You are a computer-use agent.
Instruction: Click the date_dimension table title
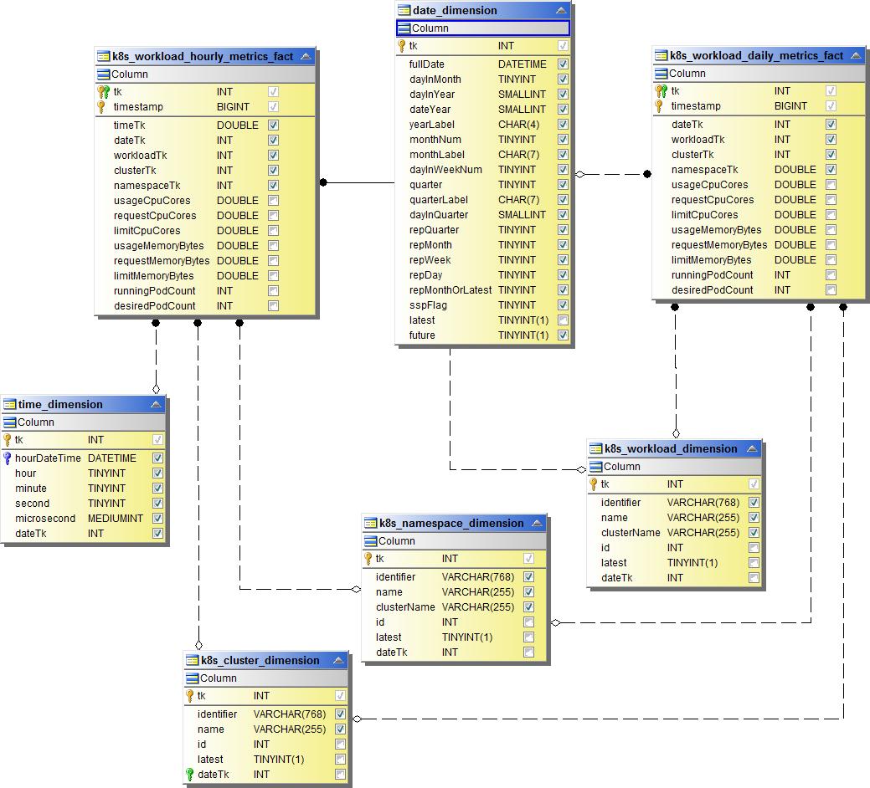455,11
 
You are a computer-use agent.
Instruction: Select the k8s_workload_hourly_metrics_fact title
203,57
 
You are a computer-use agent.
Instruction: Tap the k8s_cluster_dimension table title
260,660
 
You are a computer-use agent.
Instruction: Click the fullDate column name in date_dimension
427,64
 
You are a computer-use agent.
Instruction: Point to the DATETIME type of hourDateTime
111,458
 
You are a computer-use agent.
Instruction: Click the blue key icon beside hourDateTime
8,458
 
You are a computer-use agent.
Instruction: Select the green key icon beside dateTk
190,775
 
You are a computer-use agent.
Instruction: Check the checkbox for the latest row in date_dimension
564,320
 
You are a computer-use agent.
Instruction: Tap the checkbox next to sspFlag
564,305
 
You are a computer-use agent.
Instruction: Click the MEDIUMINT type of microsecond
115,519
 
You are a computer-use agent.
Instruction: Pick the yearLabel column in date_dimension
432,125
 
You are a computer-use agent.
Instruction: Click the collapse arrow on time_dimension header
156,405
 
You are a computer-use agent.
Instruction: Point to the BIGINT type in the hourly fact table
233,107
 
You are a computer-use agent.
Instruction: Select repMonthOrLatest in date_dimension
450,290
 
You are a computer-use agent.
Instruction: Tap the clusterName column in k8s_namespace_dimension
405,607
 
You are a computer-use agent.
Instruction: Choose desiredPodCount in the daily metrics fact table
712,290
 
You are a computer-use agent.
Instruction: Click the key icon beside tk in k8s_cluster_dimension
190,696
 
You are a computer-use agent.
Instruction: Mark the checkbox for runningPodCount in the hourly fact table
274,291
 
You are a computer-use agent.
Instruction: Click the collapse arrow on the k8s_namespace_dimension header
536,524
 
